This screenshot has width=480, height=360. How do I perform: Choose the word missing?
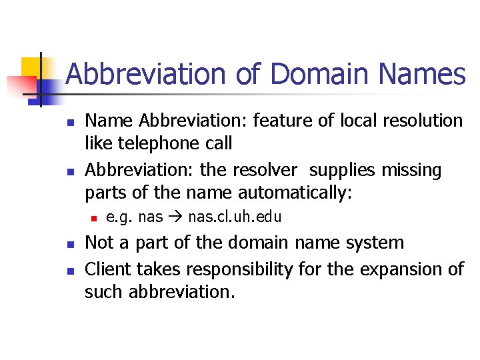coord(411,170)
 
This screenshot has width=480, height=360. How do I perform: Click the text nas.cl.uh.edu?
coord(235,217)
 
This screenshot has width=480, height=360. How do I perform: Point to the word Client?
coord(109,269)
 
